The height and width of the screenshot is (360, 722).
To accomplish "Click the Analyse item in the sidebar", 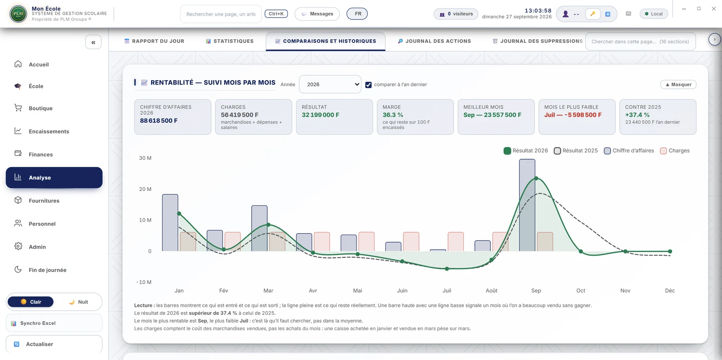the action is point(54,178).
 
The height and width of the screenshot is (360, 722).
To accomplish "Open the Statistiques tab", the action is point(230,41).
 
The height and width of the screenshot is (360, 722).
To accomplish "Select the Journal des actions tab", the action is point(434,41).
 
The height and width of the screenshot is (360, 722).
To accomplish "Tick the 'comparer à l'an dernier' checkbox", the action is point(368,85).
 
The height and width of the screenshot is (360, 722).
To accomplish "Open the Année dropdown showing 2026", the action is point(330,84).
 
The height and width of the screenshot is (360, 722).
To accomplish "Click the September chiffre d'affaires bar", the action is point(527,205).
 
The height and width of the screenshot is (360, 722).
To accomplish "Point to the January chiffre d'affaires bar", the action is point(170,223).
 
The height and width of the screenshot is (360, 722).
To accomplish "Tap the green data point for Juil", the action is point(447,268).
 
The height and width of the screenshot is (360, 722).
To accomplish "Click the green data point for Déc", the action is point(670,251).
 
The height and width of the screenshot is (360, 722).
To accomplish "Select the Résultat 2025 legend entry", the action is point(576,151).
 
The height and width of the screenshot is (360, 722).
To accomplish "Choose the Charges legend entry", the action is point(675,151).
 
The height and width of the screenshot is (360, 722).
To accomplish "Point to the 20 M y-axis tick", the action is point(145,189).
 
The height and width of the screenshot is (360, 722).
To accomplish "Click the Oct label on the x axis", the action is point(580,291).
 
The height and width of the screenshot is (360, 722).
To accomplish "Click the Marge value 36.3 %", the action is point(393,115).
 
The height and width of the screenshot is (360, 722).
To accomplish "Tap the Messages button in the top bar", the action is point(317,14).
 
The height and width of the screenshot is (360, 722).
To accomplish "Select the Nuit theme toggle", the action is point(79,302).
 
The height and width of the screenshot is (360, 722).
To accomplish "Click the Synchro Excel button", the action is point(54,323).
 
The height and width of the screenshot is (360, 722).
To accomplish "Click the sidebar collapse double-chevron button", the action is point(93,42).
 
